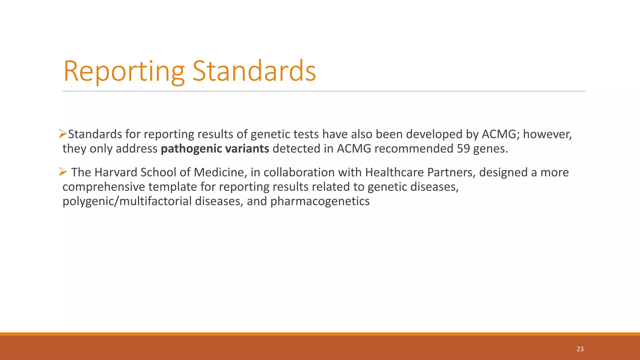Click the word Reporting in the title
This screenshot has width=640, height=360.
[x=124, y=72]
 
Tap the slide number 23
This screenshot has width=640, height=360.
[x=580, y=349]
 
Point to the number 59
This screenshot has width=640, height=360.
[x=463, y=149]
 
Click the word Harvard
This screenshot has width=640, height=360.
[x=116, y=172]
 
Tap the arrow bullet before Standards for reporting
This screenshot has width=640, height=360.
[x=63, y=134]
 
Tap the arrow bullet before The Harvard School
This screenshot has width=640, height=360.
[x=63, y=172]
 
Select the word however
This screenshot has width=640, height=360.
[x=547, y=134]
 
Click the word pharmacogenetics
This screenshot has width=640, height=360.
[x=320, y=201]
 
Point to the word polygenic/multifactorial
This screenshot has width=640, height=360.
[x=127, y=201]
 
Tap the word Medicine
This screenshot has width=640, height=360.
[x=218, y=172]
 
